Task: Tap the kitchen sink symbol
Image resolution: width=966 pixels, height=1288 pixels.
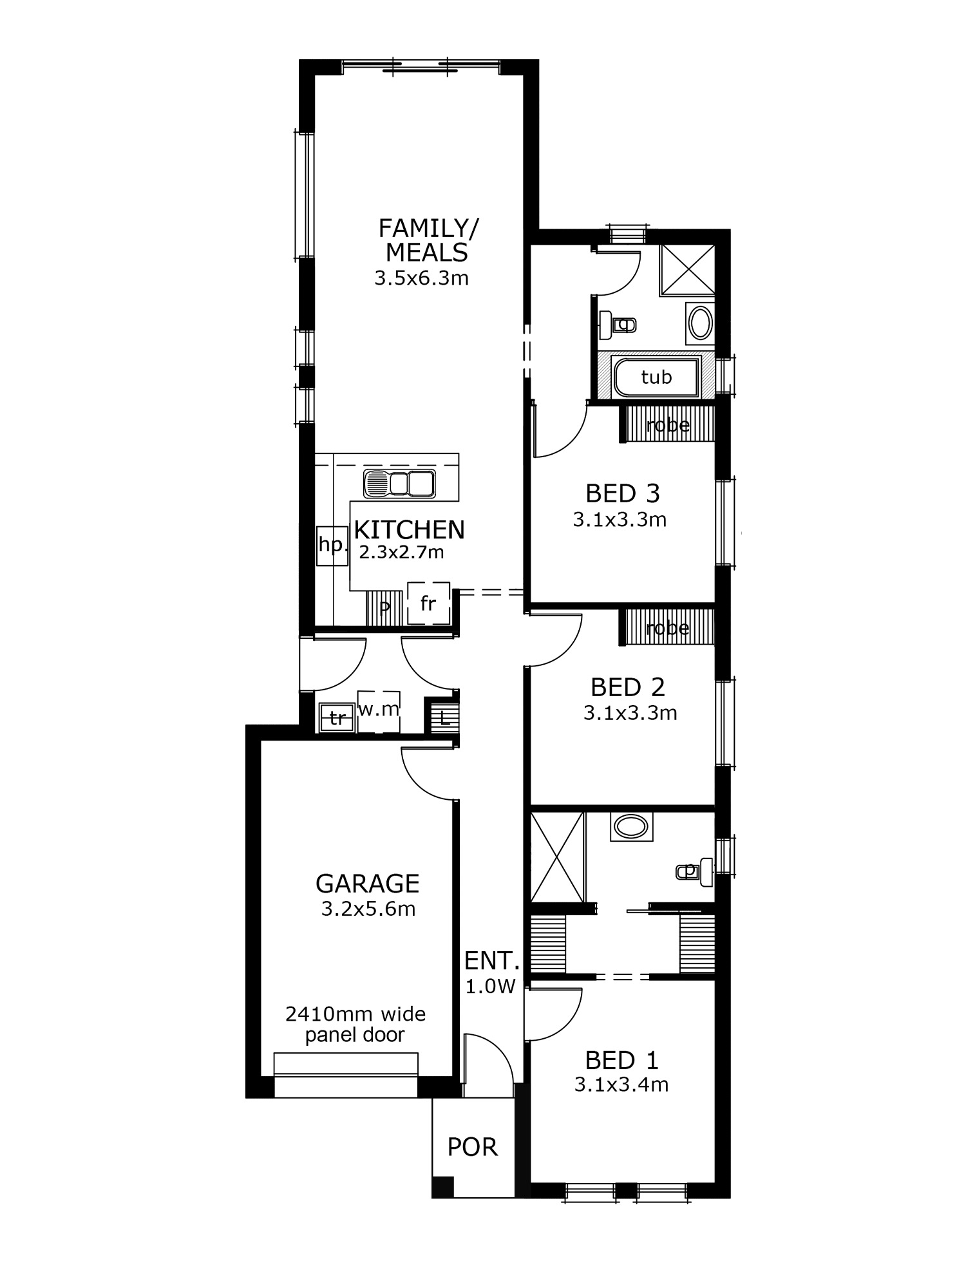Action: click(x=399, y=484)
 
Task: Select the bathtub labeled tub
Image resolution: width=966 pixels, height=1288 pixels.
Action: click(x=656, y=377)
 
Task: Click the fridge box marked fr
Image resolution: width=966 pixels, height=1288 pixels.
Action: click(x=428, y=603)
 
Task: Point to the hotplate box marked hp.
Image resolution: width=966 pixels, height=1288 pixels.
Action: click(x=333, y=545)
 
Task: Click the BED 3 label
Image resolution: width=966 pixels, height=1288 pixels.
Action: click(x=622, y=493)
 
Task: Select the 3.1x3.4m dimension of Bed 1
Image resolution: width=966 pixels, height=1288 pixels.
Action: click(x=621, y=1084)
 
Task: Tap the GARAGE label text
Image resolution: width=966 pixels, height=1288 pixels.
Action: click(x=367, y=884)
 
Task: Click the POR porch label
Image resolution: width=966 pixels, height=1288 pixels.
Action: click(x=473, y=1147)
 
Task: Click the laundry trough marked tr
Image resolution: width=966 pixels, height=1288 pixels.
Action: click(x=337, y=717)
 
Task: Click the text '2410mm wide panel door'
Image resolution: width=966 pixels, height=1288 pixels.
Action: click(x=355, y=1025)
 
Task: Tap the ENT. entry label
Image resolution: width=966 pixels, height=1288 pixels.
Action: click(x=491, y=961)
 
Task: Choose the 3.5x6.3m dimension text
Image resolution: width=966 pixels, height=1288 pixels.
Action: click(x=421, y=278)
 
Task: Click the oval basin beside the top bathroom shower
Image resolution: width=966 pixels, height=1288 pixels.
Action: click(x=701, y=323)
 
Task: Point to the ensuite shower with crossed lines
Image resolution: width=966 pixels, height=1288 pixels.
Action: click(x=558, y=857)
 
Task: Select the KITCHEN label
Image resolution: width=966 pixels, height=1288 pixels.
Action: click(x=410, y=529)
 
